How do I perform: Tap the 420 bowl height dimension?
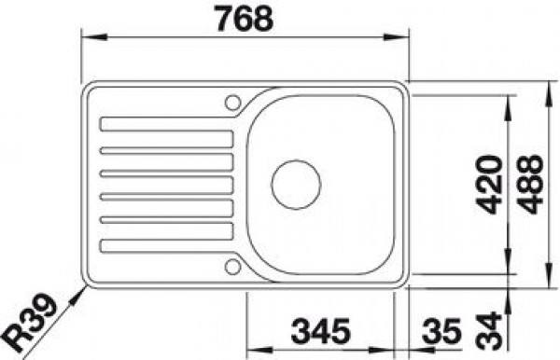click(x=490, y=185)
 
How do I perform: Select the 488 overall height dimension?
click(x=531, y=184)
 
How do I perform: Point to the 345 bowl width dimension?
click(x=320, y=331)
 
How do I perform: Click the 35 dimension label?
click(x=441, y=331)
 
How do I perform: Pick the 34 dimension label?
click(x=490, y=331)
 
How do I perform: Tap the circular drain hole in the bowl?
click(x=296, y=185)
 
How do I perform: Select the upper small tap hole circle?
click(x=232, y=103)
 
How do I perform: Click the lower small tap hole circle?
click(x=232, y=267)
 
